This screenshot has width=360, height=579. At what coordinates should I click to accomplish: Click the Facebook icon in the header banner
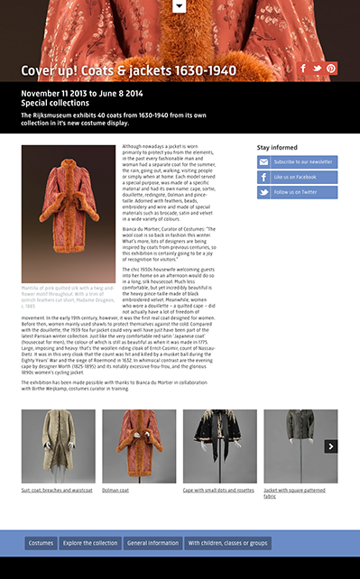[303, 68]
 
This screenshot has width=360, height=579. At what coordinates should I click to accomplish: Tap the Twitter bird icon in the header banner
[318, 68]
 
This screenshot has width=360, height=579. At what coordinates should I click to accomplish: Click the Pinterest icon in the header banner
[331, 68]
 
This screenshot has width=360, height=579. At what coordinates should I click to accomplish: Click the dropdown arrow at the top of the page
[180, 5]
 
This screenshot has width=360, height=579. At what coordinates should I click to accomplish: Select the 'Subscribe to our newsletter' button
[297, 162]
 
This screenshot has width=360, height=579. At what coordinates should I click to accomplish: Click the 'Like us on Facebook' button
[297, 177]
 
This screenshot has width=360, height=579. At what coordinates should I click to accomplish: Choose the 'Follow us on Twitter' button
[297, 192]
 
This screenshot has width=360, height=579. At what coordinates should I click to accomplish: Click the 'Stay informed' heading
[277, 147]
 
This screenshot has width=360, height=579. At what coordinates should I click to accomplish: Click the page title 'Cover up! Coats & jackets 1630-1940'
[129, 71]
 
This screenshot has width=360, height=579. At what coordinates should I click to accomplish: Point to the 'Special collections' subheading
[55, 103]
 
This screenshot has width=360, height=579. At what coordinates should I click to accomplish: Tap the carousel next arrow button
[331, 446]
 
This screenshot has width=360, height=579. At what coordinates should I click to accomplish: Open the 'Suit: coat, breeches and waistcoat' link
[57, 491]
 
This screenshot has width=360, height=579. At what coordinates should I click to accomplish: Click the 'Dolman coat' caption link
[115, 491]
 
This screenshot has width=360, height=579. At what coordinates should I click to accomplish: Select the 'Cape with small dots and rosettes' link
[218, 491]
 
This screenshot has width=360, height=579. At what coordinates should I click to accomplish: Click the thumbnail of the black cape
[219, 446]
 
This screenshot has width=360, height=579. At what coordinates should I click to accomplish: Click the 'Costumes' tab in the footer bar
[41, 543]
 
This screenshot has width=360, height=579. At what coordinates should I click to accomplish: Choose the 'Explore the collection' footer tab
[90, 543]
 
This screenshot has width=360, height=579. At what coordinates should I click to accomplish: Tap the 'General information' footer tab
[152, 543]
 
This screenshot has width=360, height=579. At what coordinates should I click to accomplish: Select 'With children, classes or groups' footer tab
[227, 543]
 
